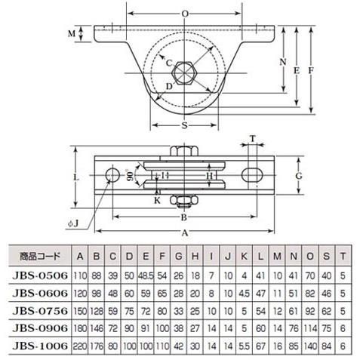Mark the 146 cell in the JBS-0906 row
coord(97,328)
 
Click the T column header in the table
coord(344,255)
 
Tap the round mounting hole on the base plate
coord(111,176)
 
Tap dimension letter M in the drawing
coord(72,34)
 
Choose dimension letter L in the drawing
coord(76,175)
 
